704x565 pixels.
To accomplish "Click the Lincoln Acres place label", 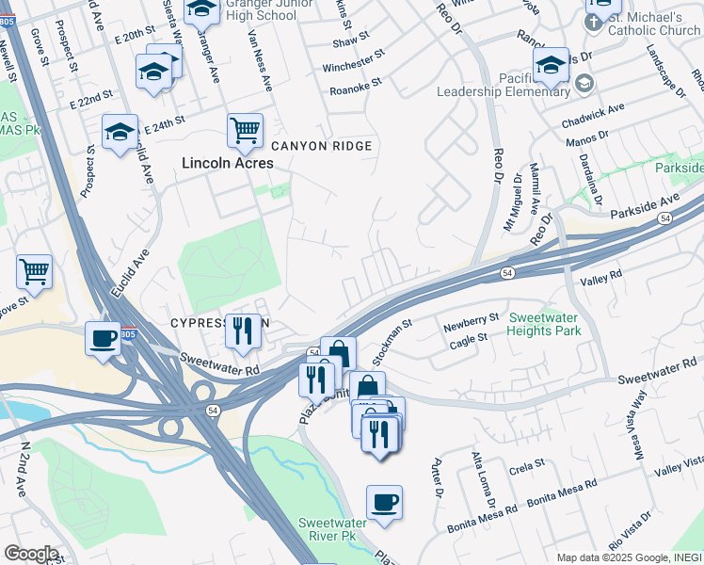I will (228, 163).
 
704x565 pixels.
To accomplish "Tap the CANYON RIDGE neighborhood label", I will (322, 146).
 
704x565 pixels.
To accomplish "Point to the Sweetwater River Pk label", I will (339, 529).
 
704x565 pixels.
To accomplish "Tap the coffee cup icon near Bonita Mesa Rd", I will (384, 502).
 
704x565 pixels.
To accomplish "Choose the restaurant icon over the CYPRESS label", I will (244, 330).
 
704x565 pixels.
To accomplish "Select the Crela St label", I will (527, 464).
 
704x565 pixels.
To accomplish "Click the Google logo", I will (30, 553).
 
